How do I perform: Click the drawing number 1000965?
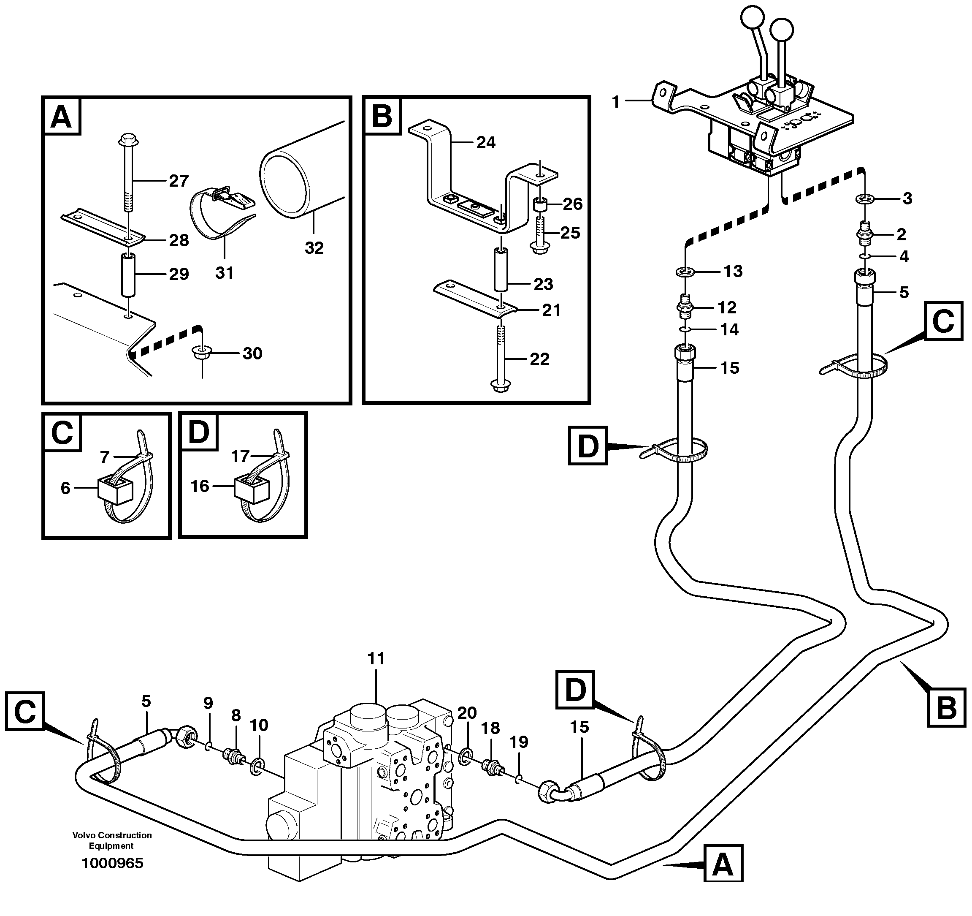112,863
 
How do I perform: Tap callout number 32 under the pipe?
314,248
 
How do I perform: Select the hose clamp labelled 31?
215,215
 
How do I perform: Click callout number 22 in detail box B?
539,359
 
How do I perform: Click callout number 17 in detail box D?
240,456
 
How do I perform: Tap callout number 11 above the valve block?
376,659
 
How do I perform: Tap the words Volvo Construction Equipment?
112,840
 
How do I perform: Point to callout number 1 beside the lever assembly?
615,102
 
